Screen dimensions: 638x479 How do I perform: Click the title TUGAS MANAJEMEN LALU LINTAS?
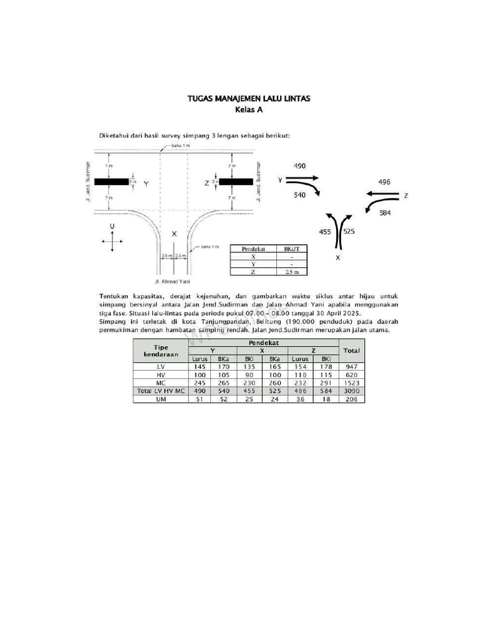(239, 98)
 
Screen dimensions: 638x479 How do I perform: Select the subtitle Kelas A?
(239, 109)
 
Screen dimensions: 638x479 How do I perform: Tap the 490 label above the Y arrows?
(299, 166)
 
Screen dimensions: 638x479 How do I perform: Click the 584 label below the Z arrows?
(385, 212)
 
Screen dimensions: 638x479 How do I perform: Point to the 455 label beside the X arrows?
(325, 231)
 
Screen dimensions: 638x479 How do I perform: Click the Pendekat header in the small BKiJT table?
(253, 248)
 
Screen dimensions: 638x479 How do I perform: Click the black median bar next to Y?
(112, 181)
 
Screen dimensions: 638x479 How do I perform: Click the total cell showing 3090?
(352, 390)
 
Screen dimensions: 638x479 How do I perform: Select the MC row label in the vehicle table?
(161, 383)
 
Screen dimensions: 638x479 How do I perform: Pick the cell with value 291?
(326, 383)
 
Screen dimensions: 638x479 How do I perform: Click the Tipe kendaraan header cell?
(161, 350)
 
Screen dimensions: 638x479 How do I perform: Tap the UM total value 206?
(352, 398)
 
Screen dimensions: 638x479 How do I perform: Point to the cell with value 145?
(200, 367)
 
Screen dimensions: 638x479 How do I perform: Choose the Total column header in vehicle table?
(352, 350)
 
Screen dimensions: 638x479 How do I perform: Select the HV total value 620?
(352, 374)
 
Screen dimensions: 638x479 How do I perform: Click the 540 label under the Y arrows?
(299, 195)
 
